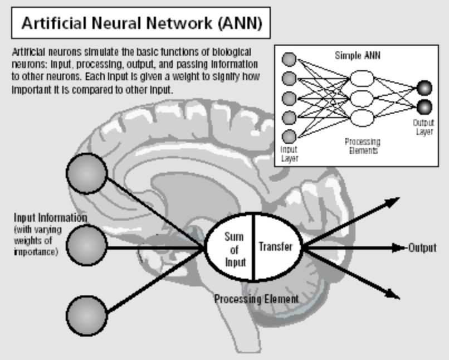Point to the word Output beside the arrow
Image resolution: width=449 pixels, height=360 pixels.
[422, 248]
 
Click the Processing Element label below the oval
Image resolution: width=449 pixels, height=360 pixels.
[256, 299]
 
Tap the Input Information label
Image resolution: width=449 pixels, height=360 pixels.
[50, 217]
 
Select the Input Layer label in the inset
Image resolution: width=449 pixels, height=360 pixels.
[289, 153]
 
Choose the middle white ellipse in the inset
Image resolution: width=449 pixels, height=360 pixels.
[362, 98]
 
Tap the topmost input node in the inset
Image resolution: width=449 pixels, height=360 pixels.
[289, 59]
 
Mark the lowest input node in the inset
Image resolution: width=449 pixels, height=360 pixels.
[289, 135]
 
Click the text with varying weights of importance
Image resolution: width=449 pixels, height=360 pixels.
[35, 241]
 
